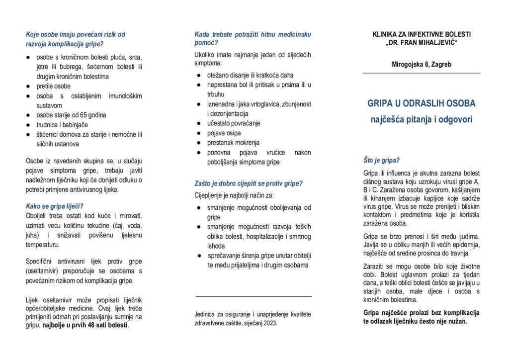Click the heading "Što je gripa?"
(x=382, y=161)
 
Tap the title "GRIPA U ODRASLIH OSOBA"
(x=422, y=103)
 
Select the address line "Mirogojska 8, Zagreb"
(x=422, y=64)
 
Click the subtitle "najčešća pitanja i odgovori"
(x=422, y=119)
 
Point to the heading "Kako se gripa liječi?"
(x=55, y=206)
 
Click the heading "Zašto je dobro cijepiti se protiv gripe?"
(x=249, y=183)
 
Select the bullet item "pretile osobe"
(x=54, y=86)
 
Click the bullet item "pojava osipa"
(x=224, y=133)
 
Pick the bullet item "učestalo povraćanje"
(x=234, y=123)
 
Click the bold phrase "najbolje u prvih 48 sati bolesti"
(x=85, y=326)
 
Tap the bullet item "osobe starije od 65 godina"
(x=72, y=115)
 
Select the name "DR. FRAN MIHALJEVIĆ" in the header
(x=422, y=43)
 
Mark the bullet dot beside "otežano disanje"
(x=198, y=75)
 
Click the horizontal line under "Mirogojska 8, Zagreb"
(x=422, y=74)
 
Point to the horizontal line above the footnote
(x=254, y=296)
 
